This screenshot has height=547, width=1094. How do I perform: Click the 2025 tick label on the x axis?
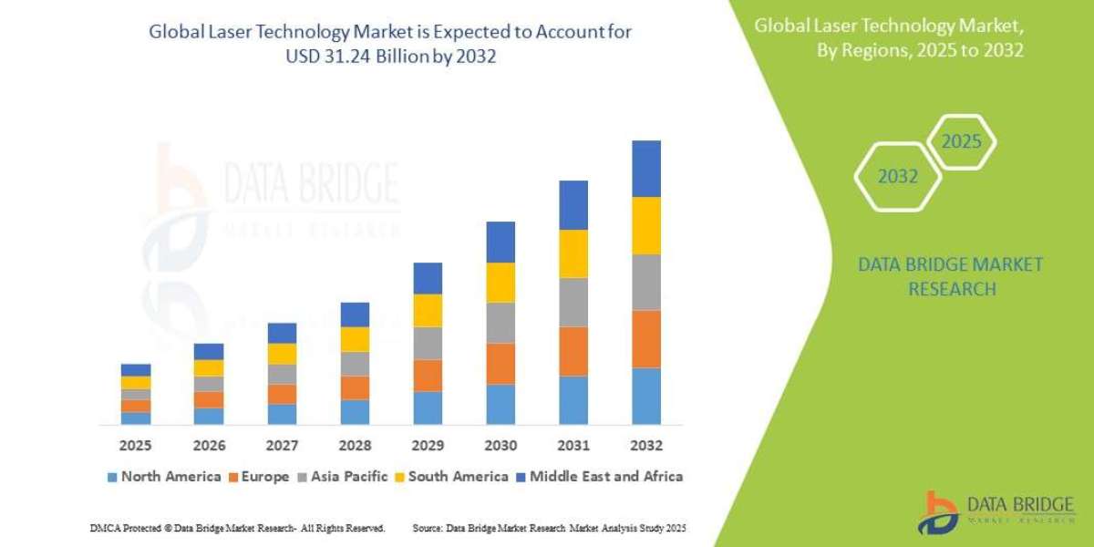(x=135, y=446)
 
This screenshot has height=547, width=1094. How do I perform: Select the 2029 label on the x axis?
(x=427, y=446)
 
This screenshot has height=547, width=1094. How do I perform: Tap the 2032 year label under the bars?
(x=645, y=446)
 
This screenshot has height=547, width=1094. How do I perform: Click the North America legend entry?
(x=164, y=476)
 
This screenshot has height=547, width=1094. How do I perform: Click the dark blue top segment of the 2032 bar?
(x=645, y=169)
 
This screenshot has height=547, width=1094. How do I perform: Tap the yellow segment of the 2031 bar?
(x=573, y=253)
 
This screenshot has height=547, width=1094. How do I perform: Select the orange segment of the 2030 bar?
(x=500, y=364)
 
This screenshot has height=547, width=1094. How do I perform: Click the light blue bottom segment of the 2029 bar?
(x=427, y=408)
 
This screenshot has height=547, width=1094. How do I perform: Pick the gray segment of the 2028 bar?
(x=354, y=364)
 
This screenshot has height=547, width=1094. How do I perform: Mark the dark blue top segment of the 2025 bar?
(x=135, y=370)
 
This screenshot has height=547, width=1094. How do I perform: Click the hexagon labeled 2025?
(x=961, y=142)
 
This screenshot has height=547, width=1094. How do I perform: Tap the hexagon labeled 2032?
(x=897, y=177)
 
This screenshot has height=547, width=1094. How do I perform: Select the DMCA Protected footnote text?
(x=237, y=528)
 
